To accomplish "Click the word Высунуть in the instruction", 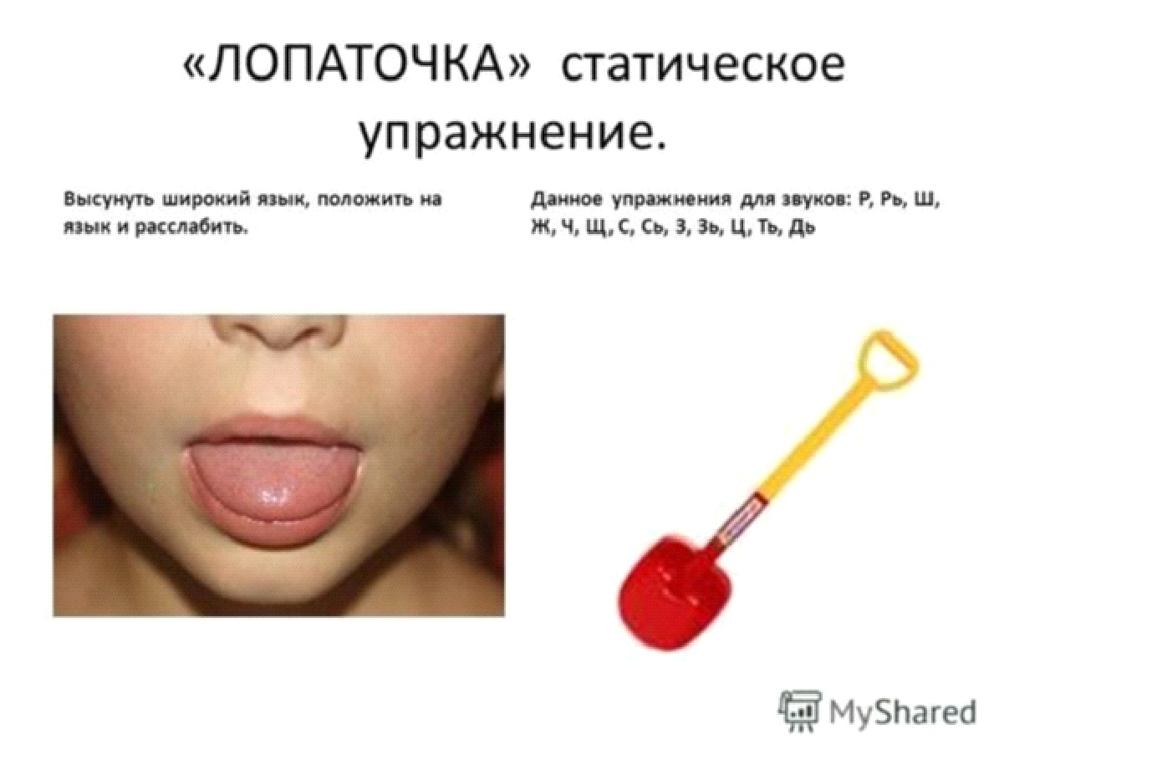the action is coord(109,200).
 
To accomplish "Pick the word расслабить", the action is coord(191,228).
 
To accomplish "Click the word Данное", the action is coord(567,200).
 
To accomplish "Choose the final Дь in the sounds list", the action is coord(802,228).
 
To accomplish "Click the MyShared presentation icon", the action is coord(800,711).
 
